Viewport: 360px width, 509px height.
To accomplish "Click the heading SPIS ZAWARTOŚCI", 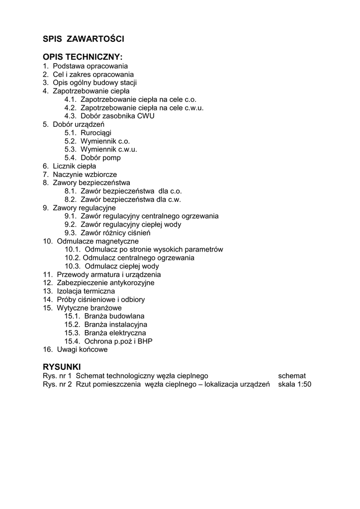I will pos(83,38).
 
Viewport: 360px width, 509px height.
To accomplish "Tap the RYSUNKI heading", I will pos(62,366).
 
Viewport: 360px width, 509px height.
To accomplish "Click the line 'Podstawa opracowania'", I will pos(90,66).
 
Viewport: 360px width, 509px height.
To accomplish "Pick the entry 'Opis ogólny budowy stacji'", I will pos(94,83).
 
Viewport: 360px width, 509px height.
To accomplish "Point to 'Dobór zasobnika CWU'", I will pos(117,116).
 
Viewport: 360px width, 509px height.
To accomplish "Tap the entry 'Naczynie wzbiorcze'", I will pos(85,174).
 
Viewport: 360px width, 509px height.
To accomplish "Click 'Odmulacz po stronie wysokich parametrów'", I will pos(154,250).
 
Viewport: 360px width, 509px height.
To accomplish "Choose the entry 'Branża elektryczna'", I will pos(115,333).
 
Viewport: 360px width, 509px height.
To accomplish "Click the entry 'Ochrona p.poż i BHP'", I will pos(118,341).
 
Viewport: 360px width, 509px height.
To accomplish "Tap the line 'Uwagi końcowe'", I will pos(82,349).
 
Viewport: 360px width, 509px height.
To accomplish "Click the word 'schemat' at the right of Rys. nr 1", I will pos(292,376).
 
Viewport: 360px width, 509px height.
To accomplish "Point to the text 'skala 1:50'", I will pos(294,384).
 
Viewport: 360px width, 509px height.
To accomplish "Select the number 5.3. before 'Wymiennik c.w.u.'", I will pos(71,149).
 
